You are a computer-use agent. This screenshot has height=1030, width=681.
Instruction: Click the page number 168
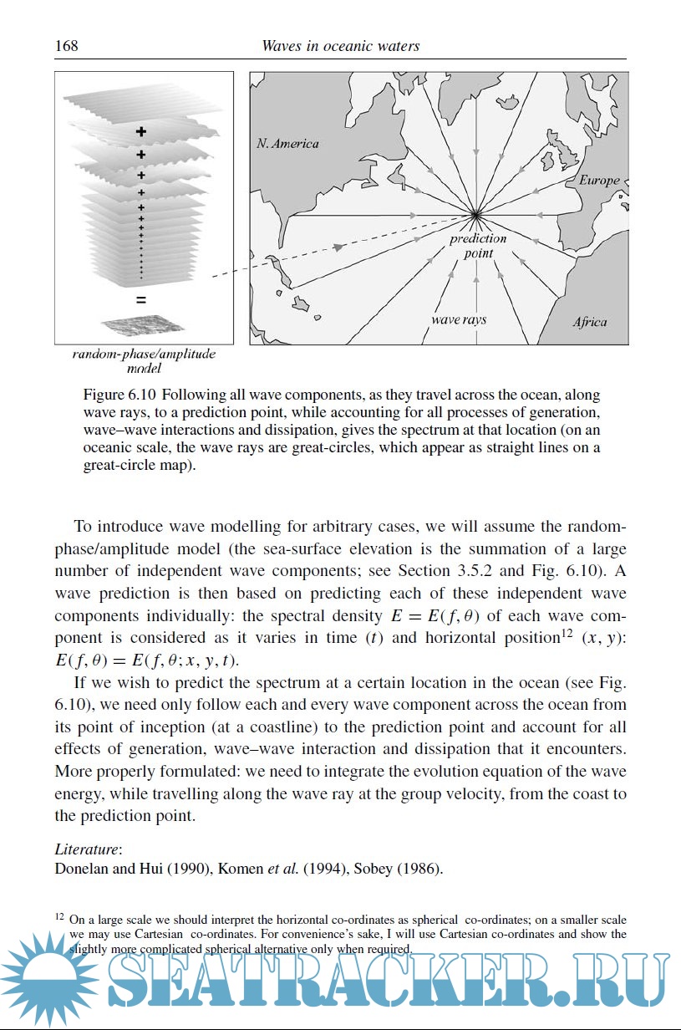[66, 46]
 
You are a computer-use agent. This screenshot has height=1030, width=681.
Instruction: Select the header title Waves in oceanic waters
[340, 46]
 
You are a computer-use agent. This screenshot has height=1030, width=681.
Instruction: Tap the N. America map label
[287, 144]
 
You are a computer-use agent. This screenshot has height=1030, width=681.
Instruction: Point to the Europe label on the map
[599, 180]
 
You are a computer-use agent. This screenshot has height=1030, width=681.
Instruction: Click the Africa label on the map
[590, 322]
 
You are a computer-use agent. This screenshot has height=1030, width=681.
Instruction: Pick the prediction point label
[478, 246]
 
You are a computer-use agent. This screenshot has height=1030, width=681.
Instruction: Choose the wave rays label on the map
[459, 319]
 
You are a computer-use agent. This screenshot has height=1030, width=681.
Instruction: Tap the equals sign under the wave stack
[141, 299]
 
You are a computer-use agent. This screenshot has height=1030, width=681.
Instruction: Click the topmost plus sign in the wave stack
[141, 131]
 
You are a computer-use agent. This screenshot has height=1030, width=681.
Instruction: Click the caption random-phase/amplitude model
[144, 360]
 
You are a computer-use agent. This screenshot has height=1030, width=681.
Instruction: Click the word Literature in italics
[81, 850]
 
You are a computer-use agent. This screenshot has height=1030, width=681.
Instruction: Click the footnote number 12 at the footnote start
[60, 917]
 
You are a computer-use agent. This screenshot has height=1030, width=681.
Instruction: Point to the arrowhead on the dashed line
[338, 247]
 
